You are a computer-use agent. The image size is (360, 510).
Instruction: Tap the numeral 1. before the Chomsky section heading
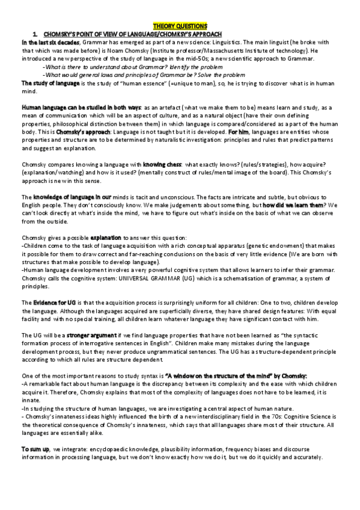coord(36,34)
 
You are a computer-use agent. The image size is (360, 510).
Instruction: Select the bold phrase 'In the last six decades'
coord(46,42)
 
